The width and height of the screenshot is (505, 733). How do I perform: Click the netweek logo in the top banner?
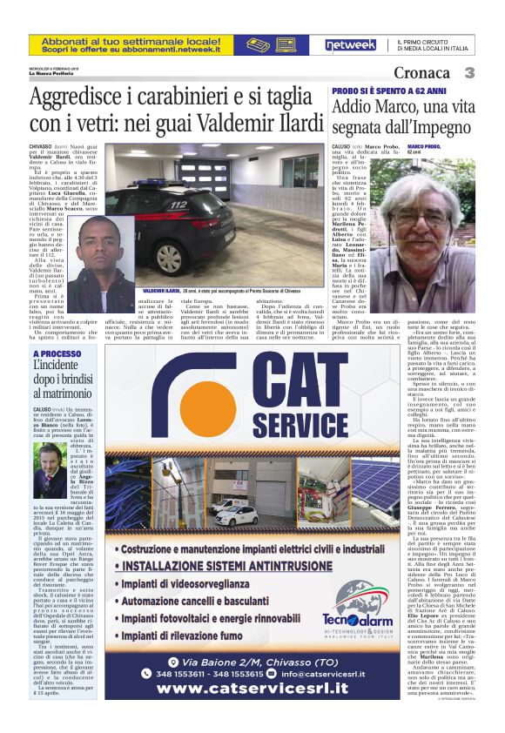(x=349, y=44)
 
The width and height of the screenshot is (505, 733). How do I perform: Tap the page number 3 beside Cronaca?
(x=468, y=72)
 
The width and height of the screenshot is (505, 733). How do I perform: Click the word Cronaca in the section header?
(x=427, y=72)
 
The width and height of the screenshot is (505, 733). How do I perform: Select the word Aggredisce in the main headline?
(x=79, y=98)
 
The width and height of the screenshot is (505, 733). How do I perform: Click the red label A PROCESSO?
(x=57, y=354)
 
